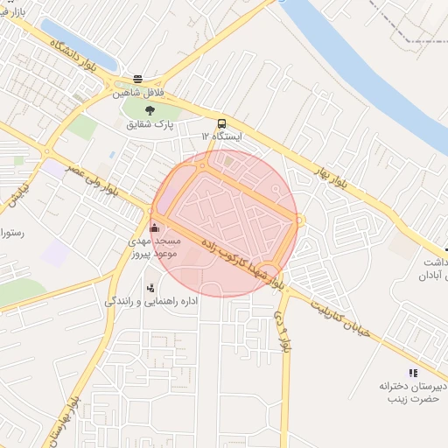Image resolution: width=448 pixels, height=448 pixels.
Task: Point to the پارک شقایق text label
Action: tap(149, 125)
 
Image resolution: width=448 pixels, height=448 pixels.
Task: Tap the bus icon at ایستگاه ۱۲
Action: tap(221, 123)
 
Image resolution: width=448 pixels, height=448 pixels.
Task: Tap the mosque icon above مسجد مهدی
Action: tap(156, 227)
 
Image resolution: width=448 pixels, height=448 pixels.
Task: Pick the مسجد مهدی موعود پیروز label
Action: tap(155, 247)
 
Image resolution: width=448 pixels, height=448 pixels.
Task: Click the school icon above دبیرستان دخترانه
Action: tap(413, 372)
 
